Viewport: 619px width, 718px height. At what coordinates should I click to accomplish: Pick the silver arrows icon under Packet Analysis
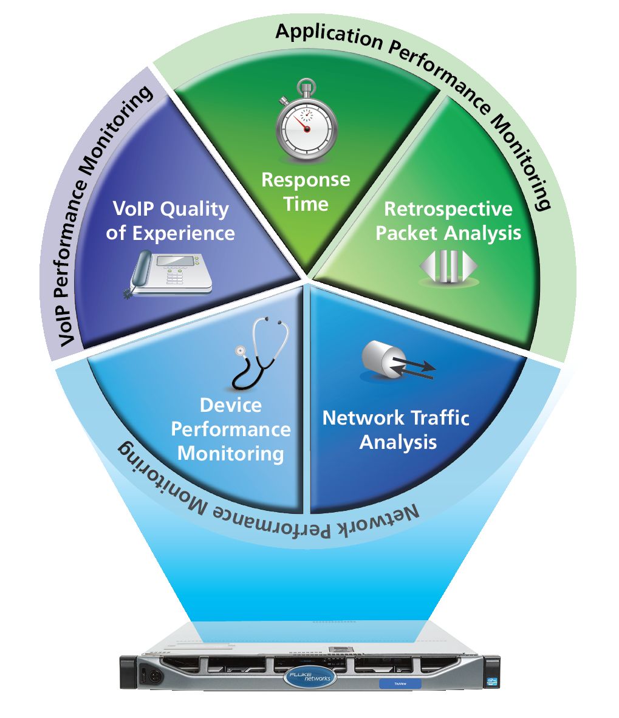pyautogui.click(x=448, y=267)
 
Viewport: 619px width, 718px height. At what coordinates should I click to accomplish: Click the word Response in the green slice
pyautogui.click(x=306, y=180)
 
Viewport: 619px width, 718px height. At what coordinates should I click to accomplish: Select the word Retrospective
pyautogui.click(x=448, y=209)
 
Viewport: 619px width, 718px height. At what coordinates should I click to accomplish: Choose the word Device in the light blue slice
pyautogui.click(x=230, y=405)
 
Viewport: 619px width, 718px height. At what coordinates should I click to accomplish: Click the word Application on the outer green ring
pyautogui.click(x=329, y=38)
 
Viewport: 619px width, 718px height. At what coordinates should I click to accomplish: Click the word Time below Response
pyautogui.click(x=306, y=204)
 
